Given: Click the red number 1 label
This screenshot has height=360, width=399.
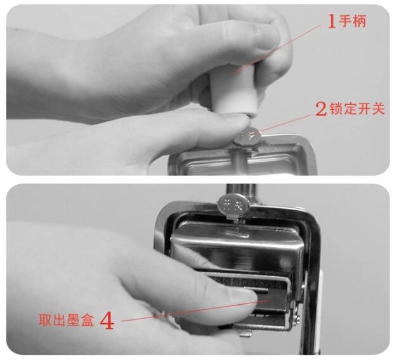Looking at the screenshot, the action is coord(332,21).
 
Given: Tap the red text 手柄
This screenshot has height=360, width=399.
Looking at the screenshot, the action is coord(353,21).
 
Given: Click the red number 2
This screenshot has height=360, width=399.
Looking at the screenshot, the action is coord(321,109).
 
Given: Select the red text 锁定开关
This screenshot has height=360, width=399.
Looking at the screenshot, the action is coord(357,109).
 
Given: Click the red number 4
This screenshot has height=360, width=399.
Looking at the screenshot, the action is coord(107,321).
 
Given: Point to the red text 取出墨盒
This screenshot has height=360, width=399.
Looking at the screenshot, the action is coord(67,320).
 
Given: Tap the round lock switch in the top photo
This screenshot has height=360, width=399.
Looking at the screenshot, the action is coord(247,137).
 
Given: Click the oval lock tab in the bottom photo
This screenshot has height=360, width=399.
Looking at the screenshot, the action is coord(233,204).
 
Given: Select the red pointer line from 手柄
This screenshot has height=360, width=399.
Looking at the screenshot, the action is coord(276,49).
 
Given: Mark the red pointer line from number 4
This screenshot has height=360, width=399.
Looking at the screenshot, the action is coord(195,311).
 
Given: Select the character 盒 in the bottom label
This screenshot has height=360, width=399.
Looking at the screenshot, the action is coord(88,320).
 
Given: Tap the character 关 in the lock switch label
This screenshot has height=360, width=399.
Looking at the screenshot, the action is coord(378,109).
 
